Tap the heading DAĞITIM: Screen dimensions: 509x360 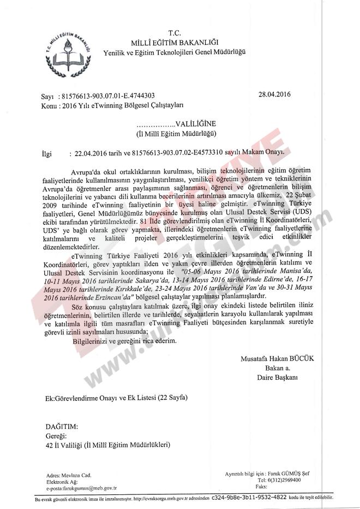tap(62, 426)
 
